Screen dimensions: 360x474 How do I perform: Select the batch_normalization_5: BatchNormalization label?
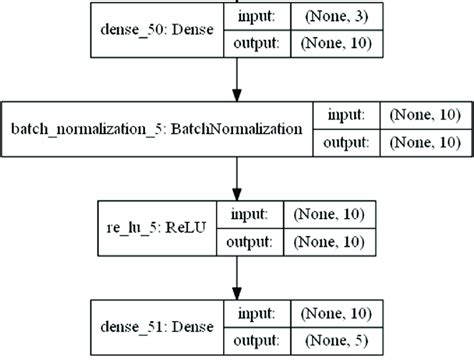click(x=156, y=130)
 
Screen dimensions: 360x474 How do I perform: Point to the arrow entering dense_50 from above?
click(x=236, y=3)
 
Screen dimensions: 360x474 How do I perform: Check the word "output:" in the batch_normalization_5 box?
click(x=345, y=143)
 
